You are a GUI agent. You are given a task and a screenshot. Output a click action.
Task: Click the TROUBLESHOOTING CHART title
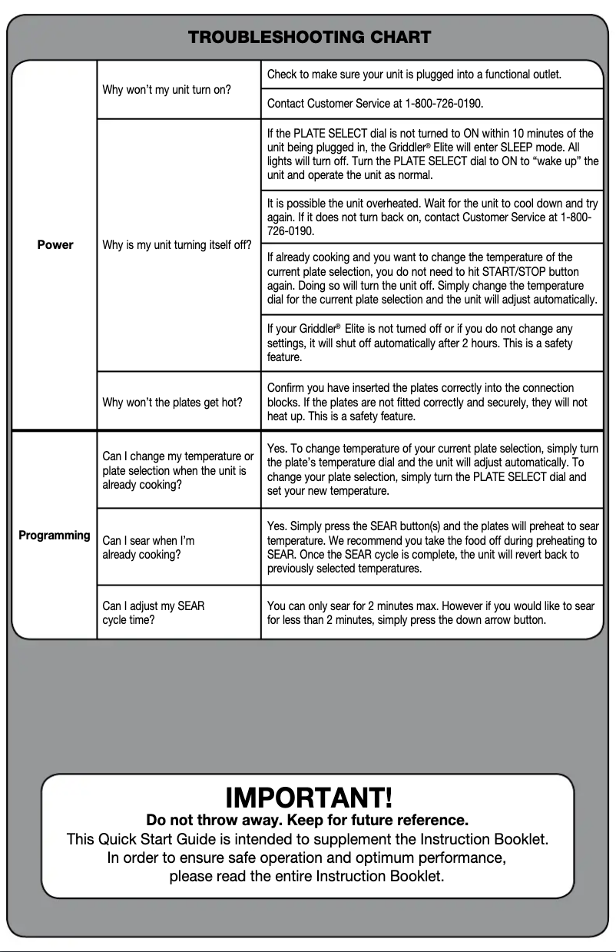coord(309,37)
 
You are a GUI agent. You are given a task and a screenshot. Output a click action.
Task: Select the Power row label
coord(55,244)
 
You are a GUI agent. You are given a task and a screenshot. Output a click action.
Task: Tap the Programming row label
coord(55,535)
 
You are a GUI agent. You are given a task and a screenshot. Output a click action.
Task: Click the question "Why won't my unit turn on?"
coord(166,89)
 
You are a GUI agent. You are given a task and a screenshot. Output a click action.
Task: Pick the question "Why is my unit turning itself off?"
coord(177,245)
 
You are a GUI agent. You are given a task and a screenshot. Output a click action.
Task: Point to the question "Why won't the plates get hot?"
coord(172,402)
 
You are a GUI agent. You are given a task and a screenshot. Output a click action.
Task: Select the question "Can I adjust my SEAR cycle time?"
coord(154,613)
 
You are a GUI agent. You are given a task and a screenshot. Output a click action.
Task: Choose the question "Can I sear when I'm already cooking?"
coord(148,547)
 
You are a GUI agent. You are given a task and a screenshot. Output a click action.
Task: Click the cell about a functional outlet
coord(414,75)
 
